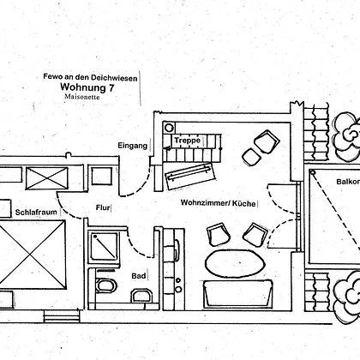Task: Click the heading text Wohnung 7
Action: click(x=87, y=87)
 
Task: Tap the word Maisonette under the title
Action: click(x=82, y=97)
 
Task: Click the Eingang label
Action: click(x=133, y=146)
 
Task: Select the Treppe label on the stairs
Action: click(x=188, y=141)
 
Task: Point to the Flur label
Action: click(x=103, y=207)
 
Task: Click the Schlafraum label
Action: click(x=36, y=213)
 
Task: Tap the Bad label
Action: click(x=139, y=276)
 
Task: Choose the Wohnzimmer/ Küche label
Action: click(x=219, y=203)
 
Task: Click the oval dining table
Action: click(x=235, y=263)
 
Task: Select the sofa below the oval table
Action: click(x=237, y=294)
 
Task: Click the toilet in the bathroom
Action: click(x=106, y=285)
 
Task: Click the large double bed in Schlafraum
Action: click(x=32, y=255)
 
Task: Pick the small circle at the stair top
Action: click(x=169, y=128)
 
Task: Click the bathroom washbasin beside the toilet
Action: click(x=141, y=296)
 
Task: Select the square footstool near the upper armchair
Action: click(x=252, y=157)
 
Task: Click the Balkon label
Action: click(x=348, y=182)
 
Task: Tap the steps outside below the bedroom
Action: click(x=62, y=316)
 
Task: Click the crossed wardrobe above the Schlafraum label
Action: click(x=47, y=178)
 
